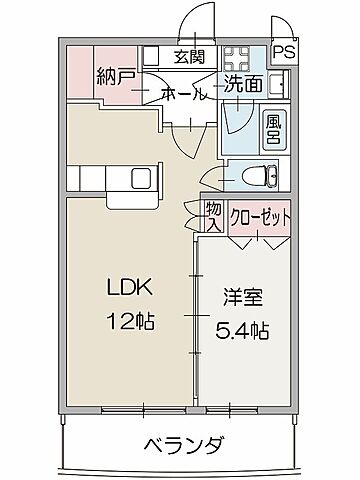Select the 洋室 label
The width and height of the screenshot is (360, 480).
click(242, 297)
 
